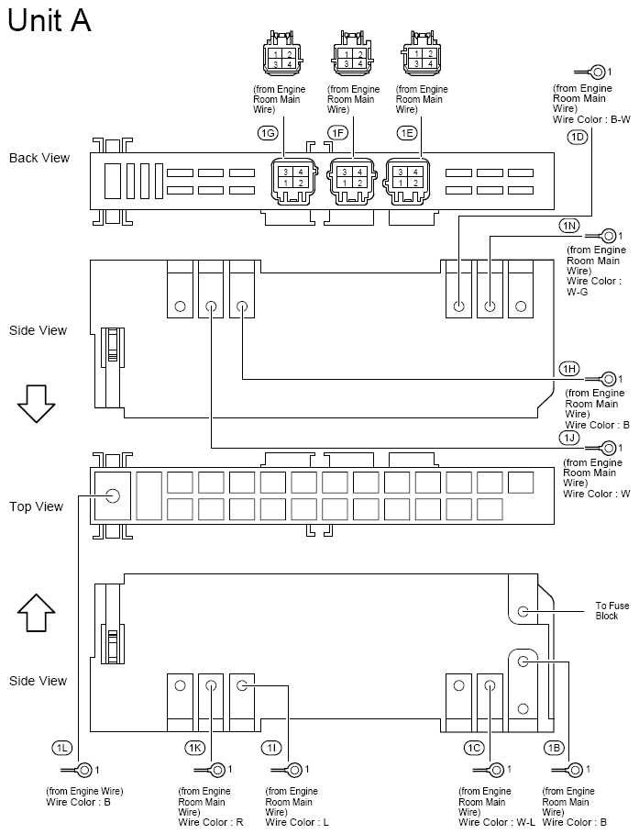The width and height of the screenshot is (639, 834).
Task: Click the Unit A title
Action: click(x=50, y=20)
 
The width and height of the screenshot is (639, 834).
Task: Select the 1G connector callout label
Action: click(x=268, y=133)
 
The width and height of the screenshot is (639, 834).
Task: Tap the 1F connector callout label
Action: click(x=338, y=133)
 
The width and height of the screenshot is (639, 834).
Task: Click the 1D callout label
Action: click(x=577, y=137)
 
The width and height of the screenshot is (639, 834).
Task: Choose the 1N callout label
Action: click(x=569, y=226)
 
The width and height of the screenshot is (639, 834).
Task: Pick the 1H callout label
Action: click(x=569, y=369)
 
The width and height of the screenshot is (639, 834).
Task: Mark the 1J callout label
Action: click(x=569, y=437)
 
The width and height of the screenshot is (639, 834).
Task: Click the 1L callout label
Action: click(x=62, y=749)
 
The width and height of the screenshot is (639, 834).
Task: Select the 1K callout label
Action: click(x=195, y=749)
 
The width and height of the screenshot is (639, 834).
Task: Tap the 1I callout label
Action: click(x=272, y=749)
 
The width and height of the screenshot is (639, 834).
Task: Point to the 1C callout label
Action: click(x=474, y=749)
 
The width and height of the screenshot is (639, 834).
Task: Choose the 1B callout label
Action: click(x=553, y=749)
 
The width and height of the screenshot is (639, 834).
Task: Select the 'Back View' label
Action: click(x=39, y=158)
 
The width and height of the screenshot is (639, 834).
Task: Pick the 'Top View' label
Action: click(x=36, y=506)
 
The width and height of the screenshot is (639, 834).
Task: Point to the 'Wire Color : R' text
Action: click(x=210, y=822)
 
